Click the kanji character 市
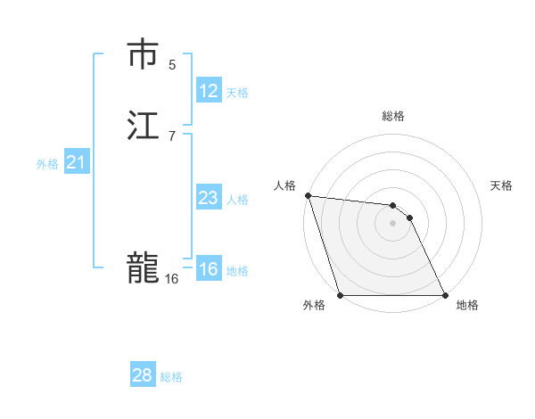click(x=144, y=54)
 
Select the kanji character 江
click(x=144, y=126)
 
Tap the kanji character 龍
click(x=144, y=268)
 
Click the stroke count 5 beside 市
click(x=172, y=64)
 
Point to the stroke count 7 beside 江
click(x=172, y=136)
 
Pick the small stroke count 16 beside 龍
click(x=171, y=279)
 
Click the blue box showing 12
click(x=209, y=91)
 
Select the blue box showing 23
click(x=209, y=198)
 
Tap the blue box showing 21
click(x=77, y=162)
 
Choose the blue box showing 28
click(x=143, y=375)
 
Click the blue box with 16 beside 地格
click(x=209, y=269)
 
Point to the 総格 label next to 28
click(x=171, y=377)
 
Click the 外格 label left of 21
click(x=47, y=164)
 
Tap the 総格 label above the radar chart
click(x=393, y=117)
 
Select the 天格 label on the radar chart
click(x=502, y=185)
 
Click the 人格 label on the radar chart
click(x=284, y=185)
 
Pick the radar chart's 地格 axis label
click(x=467, y=306)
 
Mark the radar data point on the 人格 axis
click(x=308, y=195)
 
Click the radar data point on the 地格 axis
click(x=445, y=295)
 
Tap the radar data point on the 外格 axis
click(x=340, y=295)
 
